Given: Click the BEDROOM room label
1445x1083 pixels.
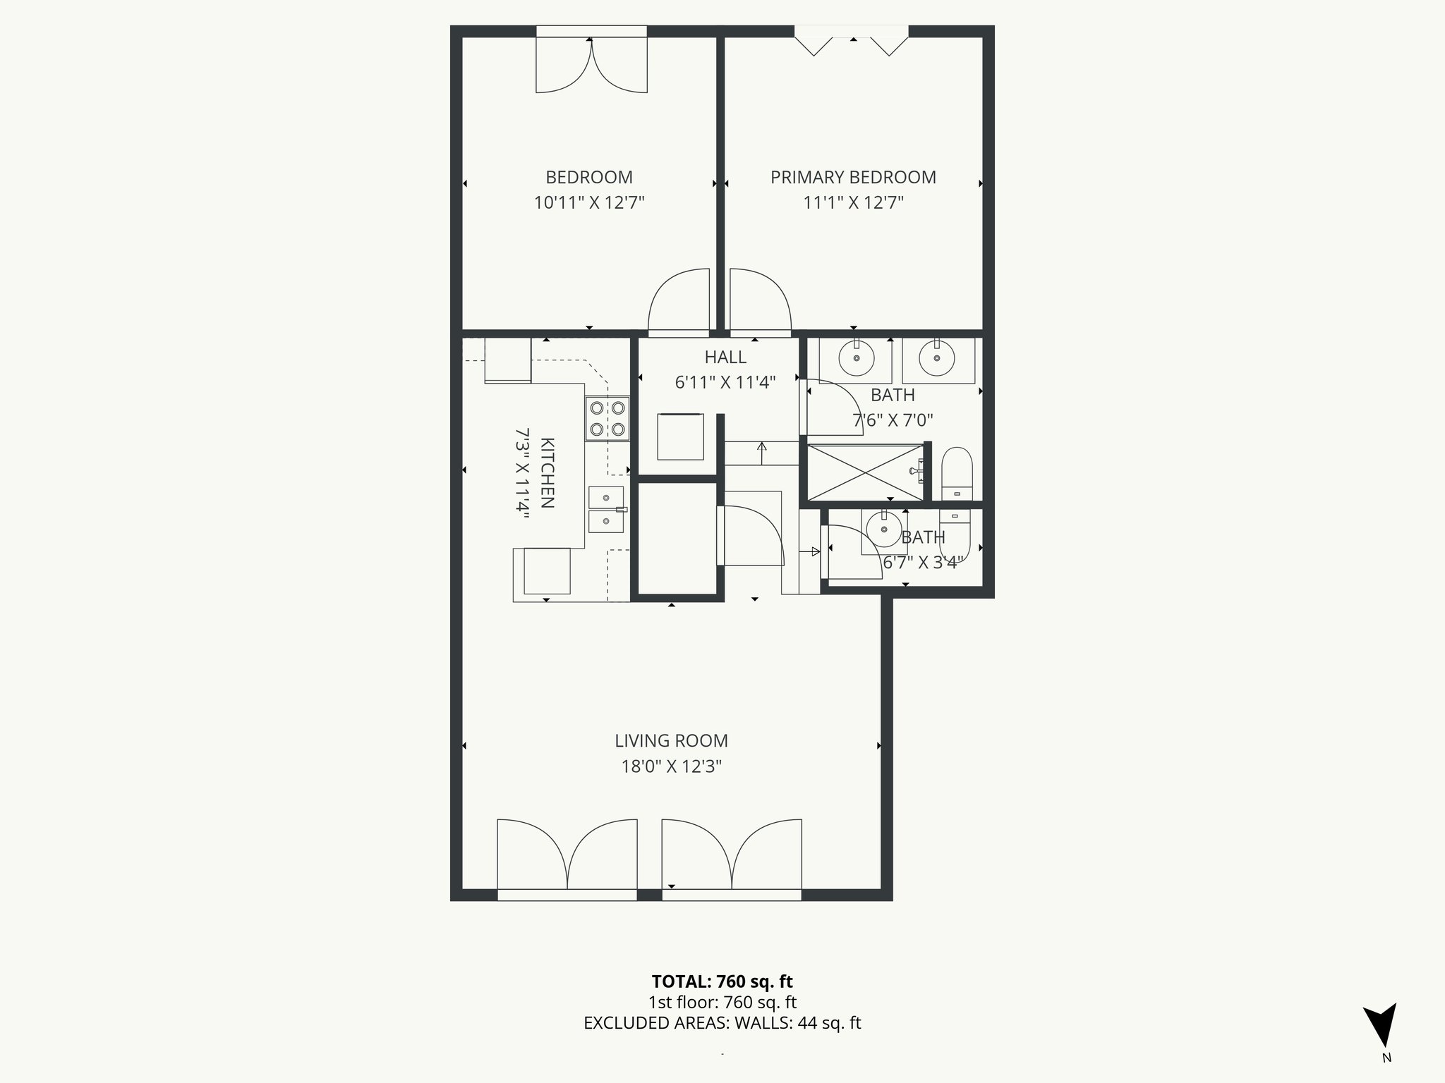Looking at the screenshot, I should coord(588,177).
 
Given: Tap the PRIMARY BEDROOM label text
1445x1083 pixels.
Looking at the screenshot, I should coord(852,177).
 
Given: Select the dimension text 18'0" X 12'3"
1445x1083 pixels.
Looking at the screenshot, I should coord(670,766).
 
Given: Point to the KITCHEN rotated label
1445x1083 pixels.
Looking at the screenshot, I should coord(547,472).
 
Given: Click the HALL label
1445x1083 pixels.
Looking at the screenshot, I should coord(725,357).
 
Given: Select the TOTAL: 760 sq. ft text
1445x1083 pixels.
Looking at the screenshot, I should coord(722,981).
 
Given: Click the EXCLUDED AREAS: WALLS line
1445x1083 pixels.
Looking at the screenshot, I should coord(722,1023).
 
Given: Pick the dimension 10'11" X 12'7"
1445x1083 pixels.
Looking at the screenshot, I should coord(588,203).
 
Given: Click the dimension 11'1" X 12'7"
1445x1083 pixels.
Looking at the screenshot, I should coord(852,203).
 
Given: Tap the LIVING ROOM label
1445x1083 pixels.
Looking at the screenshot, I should coord(670,741).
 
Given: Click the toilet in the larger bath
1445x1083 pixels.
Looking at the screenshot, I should coord(957,474).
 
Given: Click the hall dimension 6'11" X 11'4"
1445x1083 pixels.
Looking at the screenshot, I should coord(725,383).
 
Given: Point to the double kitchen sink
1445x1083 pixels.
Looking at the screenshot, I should coord(606,509).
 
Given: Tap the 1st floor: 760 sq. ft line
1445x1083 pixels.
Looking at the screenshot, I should coord(722,1002).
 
